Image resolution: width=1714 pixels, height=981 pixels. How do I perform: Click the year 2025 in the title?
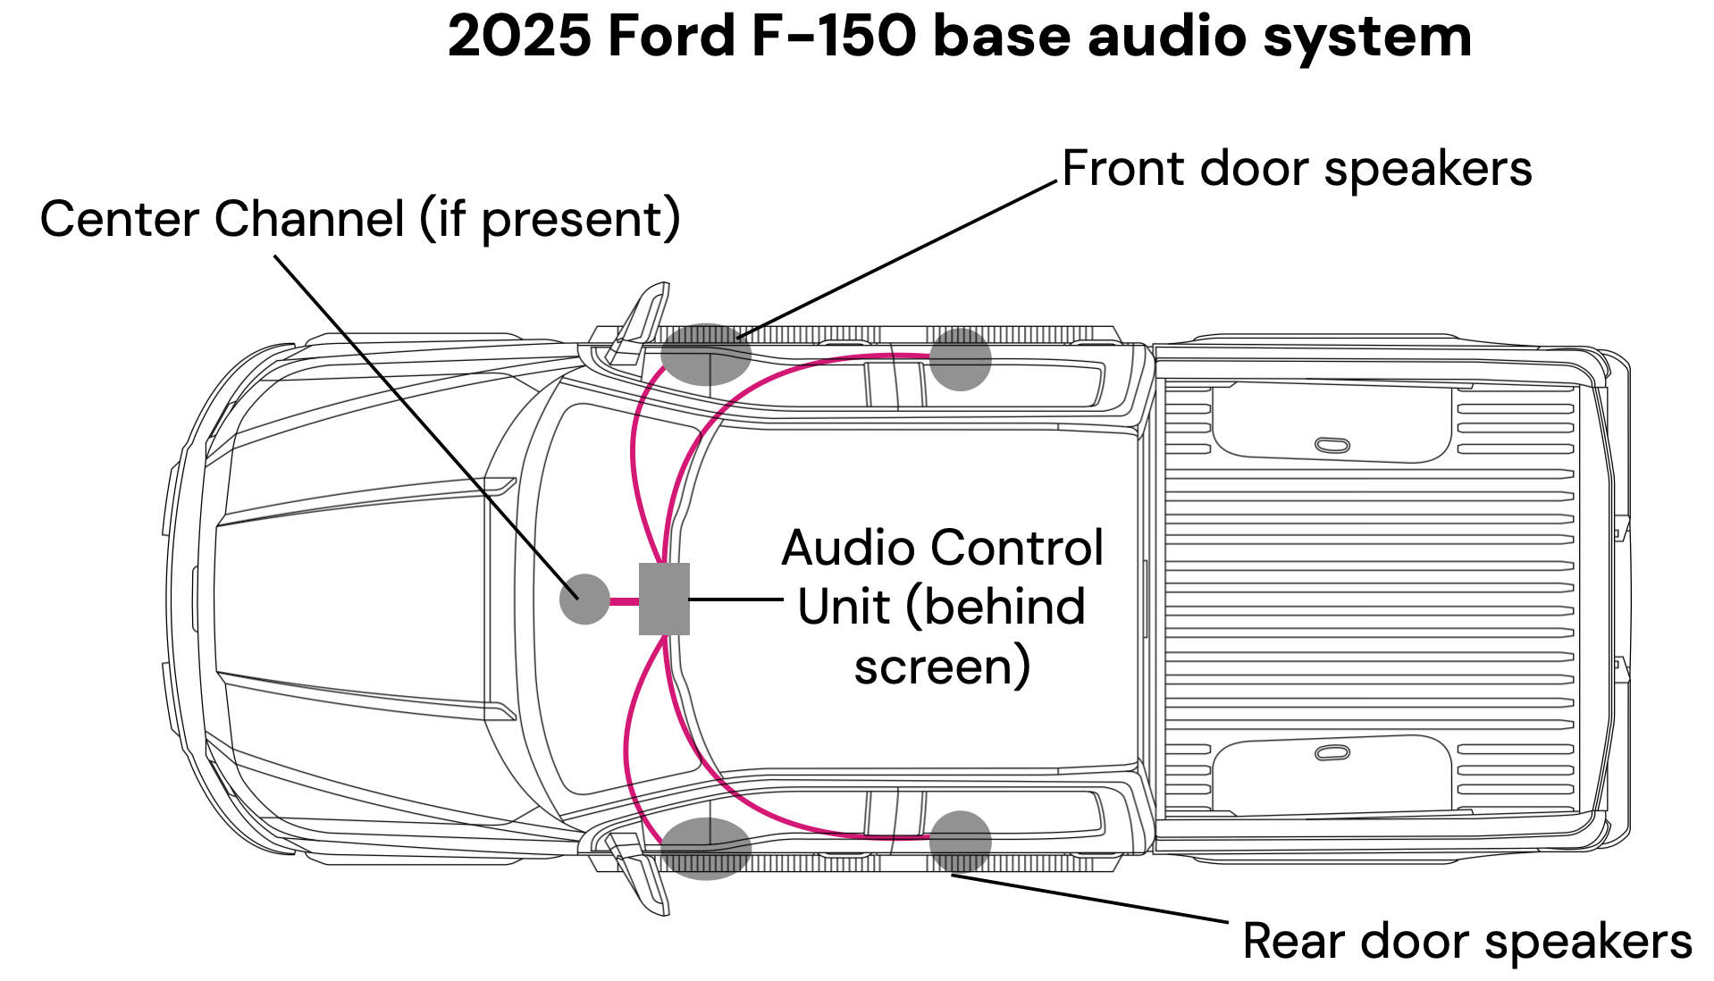click(x=519, y=37)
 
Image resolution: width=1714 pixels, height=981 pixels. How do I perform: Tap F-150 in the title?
click(x=834, y=37)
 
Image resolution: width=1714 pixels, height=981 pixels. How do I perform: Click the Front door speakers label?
click(x=1297, y=169)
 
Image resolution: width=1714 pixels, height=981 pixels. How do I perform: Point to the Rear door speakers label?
click(x=1467, y=941)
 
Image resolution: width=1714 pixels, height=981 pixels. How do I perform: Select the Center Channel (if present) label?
click(x=360, y=220)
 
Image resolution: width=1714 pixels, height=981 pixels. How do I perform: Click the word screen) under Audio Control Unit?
click(x=942, y=667)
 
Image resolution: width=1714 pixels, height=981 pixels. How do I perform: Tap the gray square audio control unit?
click(x=664, y=599)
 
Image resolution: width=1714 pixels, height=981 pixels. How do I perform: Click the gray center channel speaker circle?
click(x=584, y=599)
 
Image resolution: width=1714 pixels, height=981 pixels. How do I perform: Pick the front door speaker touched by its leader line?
click(x=706, y=355)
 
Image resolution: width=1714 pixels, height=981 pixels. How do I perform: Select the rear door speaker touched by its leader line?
click(x=961, y=842)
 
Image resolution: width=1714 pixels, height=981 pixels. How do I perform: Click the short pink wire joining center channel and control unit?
click(x=625, y=601)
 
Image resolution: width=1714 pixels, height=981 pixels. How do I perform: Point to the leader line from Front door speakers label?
click(x=896, y=260)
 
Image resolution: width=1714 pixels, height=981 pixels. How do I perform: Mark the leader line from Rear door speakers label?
click(x=1090, y=898)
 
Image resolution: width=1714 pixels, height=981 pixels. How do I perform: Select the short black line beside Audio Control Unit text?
click(x=736, y=599)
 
